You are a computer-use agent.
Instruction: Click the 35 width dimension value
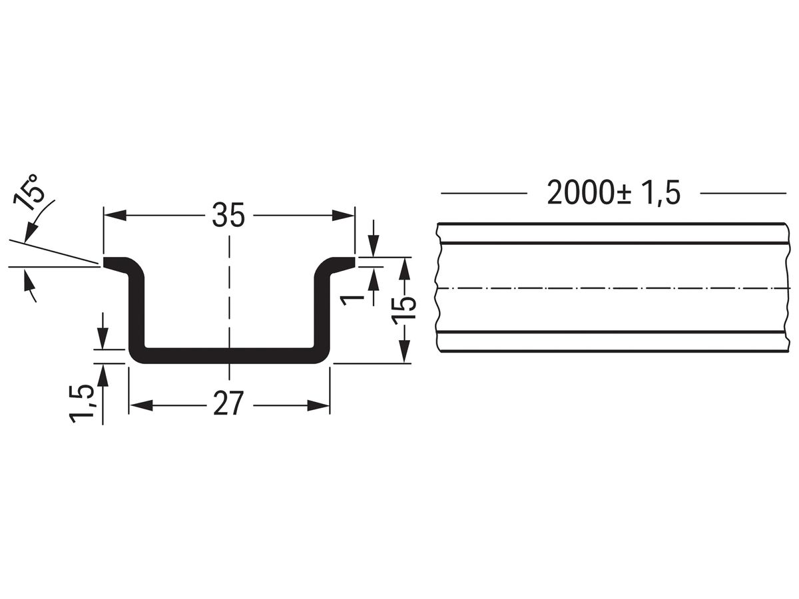pyautogui.click(x=228, y=215)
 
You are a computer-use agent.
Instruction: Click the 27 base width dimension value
pyautogui.click(x=228, y=405)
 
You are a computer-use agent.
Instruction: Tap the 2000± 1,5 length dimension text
pyautogui.click(x=613, y=193)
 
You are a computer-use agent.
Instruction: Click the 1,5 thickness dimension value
pyautogui.click(x=82, y=402)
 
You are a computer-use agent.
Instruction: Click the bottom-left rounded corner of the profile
pyautogui.click(x=136, y=356)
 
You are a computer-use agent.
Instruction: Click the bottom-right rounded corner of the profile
pyautogui.click(x=323, y=356)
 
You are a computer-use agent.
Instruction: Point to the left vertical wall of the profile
pyautogui.click(x=136, y=309)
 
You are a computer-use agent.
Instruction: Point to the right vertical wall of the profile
pyautogui.click(x=323, y=309)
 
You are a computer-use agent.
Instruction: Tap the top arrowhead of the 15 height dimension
pyautogui.click(x=404, y=266)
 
